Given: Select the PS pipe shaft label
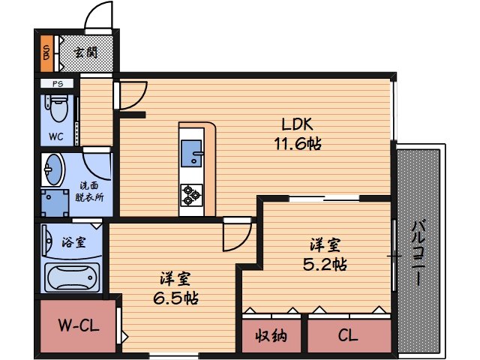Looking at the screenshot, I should click(58, 83).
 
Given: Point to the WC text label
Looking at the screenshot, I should click(56, 136).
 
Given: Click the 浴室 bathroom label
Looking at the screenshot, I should click(73, 242).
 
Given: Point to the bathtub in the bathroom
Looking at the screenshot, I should click(73, 278).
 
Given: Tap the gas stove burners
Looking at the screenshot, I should click(190, 195).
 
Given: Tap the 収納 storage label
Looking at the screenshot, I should click(270, 335).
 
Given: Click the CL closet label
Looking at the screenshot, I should click(348, 335).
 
